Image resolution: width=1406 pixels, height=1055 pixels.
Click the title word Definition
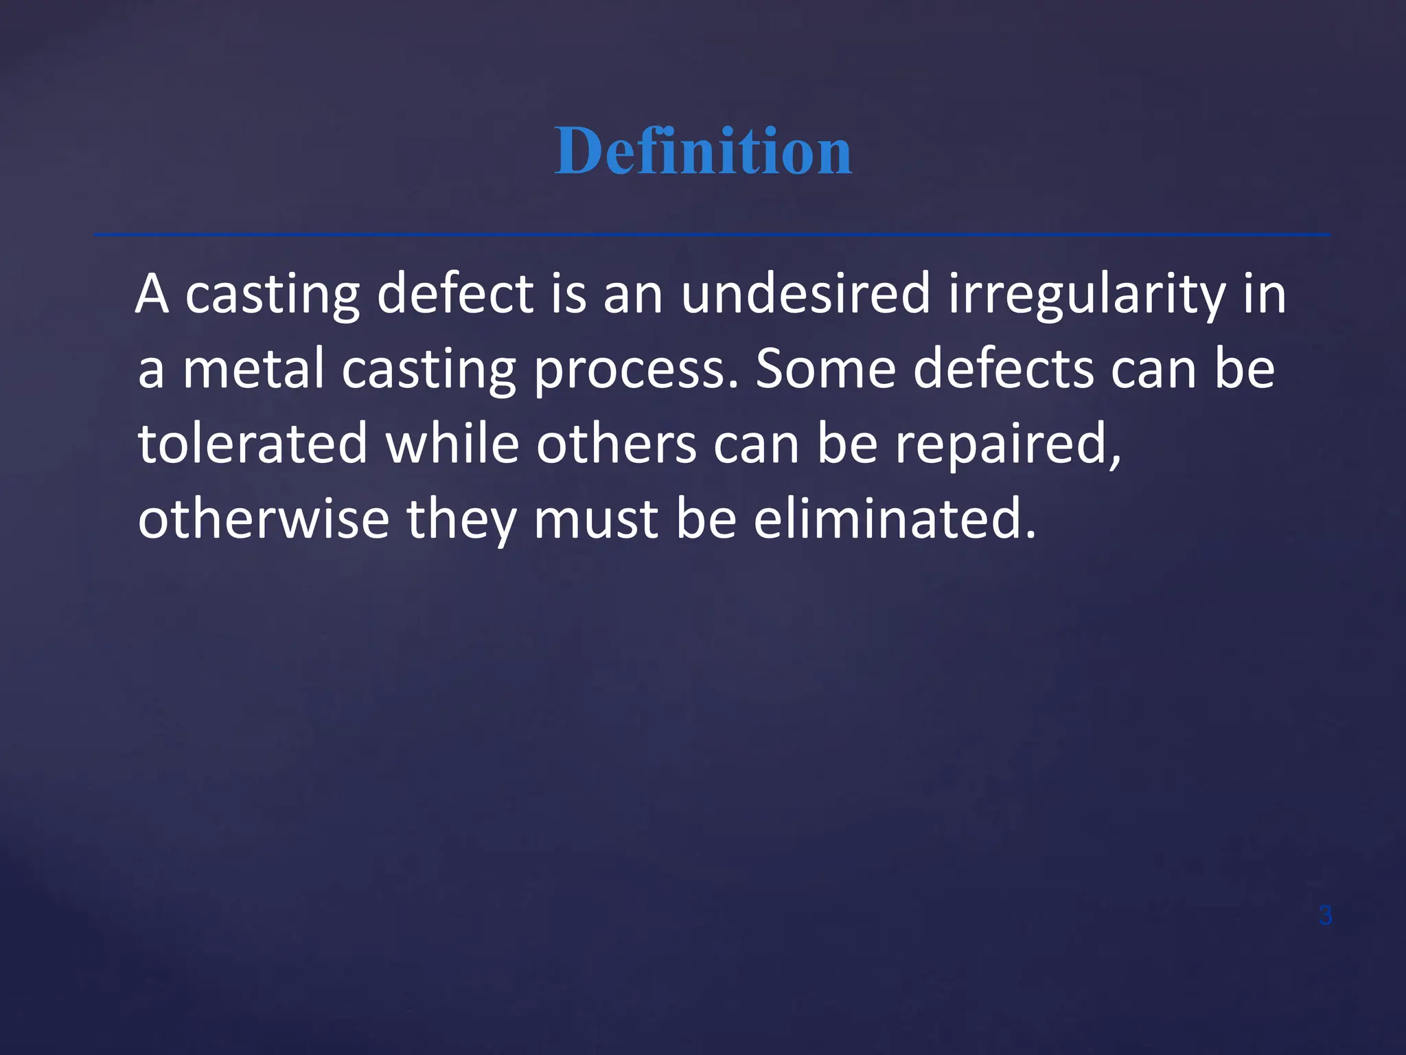tap(703, 151)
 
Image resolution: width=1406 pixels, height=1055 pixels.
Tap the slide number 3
tap(1326, 916)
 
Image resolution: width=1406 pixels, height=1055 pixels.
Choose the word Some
tap(826, 369)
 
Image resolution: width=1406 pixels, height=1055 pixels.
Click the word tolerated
tap(253, 444)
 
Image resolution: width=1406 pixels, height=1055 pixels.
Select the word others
tap(616, 444)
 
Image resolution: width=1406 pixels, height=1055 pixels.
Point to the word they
tap(462, 520)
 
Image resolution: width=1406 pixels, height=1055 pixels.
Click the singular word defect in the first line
tap(455, 294)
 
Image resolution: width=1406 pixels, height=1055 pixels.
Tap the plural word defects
tap(1004, 369)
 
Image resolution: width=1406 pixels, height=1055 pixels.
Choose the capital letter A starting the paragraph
tap(152, 294)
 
